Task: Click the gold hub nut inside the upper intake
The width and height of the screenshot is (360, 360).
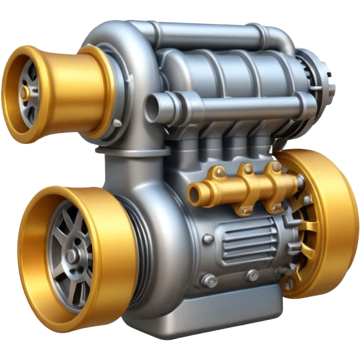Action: (23, 92)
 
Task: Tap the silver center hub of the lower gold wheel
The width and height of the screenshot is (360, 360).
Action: (73, 256)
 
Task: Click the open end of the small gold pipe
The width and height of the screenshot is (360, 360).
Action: (194, 191)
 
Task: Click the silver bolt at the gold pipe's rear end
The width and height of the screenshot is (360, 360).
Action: (301, 182)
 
